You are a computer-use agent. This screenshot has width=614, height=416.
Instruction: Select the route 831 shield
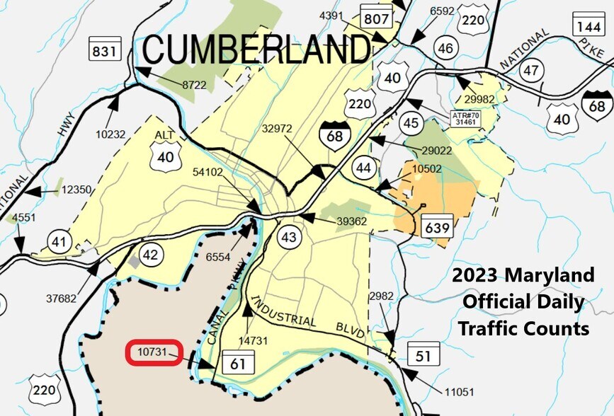pyautogui.click(x=103, y=50)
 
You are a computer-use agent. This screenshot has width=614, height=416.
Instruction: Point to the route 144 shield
pyautogui.click(x=588, y=25)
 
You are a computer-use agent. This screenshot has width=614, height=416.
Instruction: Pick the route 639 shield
pyautogui.click(x=436, y=228)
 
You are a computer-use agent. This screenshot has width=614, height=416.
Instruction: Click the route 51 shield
pyautogui.click(x=422, y=356)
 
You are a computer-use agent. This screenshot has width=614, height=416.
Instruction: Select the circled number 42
pyautogui.click(x=149, y=255)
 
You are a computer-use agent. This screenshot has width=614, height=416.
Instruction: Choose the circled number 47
pyautogui.click(x=531, y=70)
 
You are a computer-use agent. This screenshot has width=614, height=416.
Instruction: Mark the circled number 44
pyautogui.click(x=365, y=168)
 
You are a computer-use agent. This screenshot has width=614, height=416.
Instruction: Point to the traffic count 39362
pyautogui.click(x=352, y=221)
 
